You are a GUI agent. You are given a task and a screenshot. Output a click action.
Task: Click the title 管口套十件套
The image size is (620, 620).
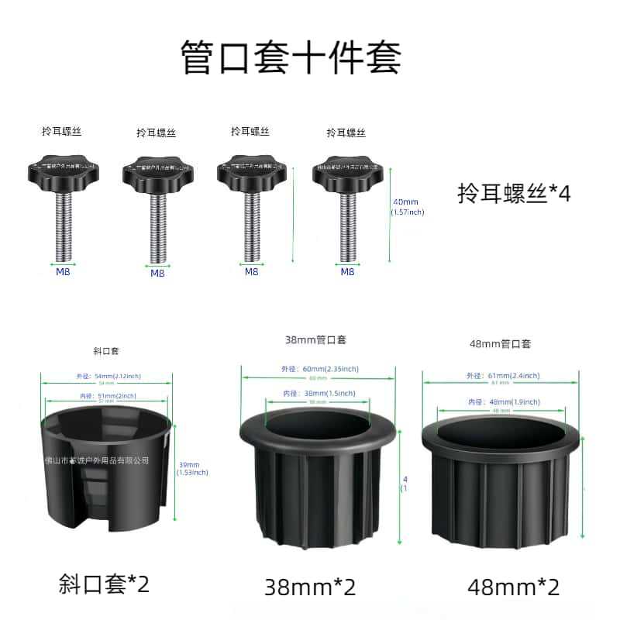(x=291, y=58)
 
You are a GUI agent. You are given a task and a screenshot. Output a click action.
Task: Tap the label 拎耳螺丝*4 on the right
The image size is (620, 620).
(x=514, y=192)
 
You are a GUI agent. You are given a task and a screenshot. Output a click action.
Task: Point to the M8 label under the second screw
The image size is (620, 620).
(x=157, y=273)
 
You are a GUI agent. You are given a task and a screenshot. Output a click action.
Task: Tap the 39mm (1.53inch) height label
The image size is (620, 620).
(x=191, y=468)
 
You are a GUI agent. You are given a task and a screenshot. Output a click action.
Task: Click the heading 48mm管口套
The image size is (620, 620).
(x=500, y=343)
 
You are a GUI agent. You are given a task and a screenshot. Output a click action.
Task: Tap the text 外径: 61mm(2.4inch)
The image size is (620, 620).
(x=500, y=375)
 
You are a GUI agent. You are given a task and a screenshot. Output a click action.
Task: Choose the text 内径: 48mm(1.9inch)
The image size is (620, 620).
(x=500, y=401)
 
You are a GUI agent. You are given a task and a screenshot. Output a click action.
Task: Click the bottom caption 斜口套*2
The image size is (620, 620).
(x=104, y=584)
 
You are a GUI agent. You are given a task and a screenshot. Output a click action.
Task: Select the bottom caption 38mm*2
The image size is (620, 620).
(x=310, y=587)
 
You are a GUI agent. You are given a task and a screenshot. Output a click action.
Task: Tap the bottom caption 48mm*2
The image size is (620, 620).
(x=513, y=587)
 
